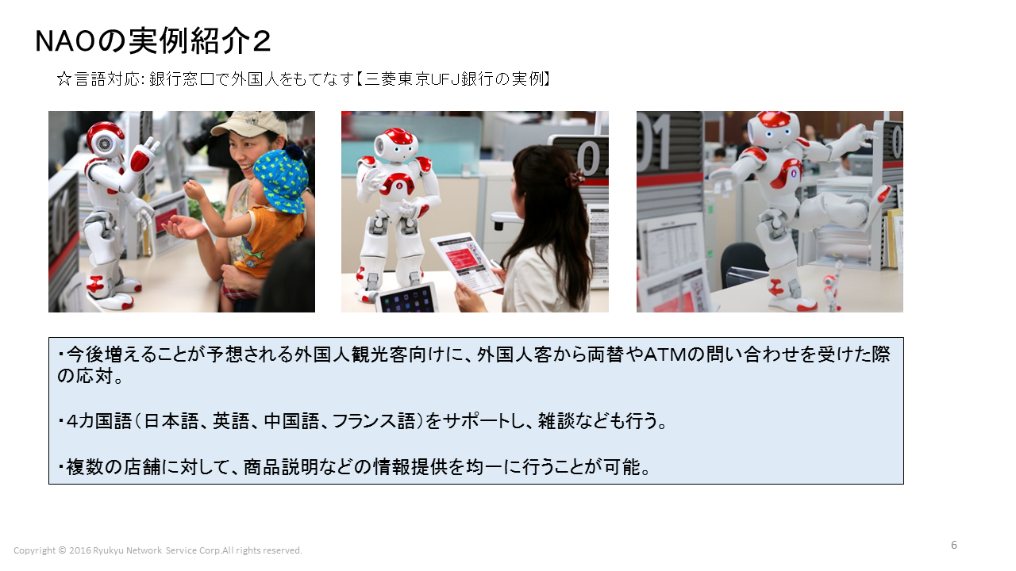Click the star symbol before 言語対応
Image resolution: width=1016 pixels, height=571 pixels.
[64, 79]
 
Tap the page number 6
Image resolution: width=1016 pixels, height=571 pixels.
[954, 545]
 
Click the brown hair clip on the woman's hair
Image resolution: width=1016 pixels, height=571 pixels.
[575, 178]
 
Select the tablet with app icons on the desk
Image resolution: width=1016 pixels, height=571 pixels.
[406, 298]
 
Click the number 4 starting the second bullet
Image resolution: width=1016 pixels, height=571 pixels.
[72, 422]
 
